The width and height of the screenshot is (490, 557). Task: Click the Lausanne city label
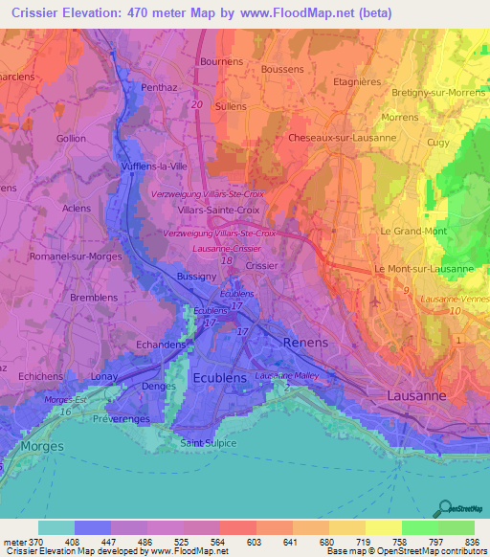coord(417,394)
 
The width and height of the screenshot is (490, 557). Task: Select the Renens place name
coord(305,342)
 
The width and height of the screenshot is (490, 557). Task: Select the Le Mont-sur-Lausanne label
coord(424,269)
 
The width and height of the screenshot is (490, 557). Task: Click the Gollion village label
coord(71,138)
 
